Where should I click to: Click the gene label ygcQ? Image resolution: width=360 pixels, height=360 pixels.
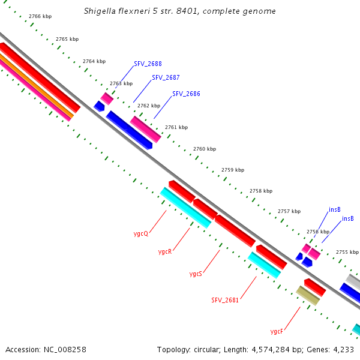coord(141,233)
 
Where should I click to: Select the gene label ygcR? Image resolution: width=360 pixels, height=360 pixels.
coord(165,251)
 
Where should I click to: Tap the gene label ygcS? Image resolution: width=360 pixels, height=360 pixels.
coord(196,274)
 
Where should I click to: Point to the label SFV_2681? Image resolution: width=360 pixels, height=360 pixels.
coord(225,300)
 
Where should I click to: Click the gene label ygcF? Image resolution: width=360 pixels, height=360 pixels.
coord(277,331)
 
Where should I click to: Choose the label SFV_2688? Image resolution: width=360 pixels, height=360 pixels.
coord(148,64)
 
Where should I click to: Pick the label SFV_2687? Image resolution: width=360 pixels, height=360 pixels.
coord(166,77)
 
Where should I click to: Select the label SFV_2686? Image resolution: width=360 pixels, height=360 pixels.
coord(186,94)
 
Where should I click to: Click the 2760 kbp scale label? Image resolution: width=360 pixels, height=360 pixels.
coord(204,149)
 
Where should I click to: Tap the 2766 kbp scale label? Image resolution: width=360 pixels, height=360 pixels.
coord(40,16)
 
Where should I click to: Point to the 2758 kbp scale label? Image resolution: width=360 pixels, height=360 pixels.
coord(260,191)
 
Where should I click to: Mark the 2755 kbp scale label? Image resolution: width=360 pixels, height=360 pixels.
coord(347,252)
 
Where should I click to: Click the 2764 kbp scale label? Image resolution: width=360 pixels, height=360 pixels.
coord(94,61)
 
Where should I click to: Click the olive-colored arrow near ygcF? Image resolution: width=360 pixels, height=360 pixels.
coord(308,295)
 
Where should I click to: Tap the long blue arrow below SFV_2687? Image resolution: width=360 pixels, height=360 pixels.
coord(128,130)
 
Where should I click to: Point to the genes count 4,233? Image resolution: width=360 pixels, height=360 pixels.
coord(343,349)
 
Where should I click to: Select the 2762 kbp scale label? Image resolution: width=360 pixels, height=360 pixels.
coord(148,106)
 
